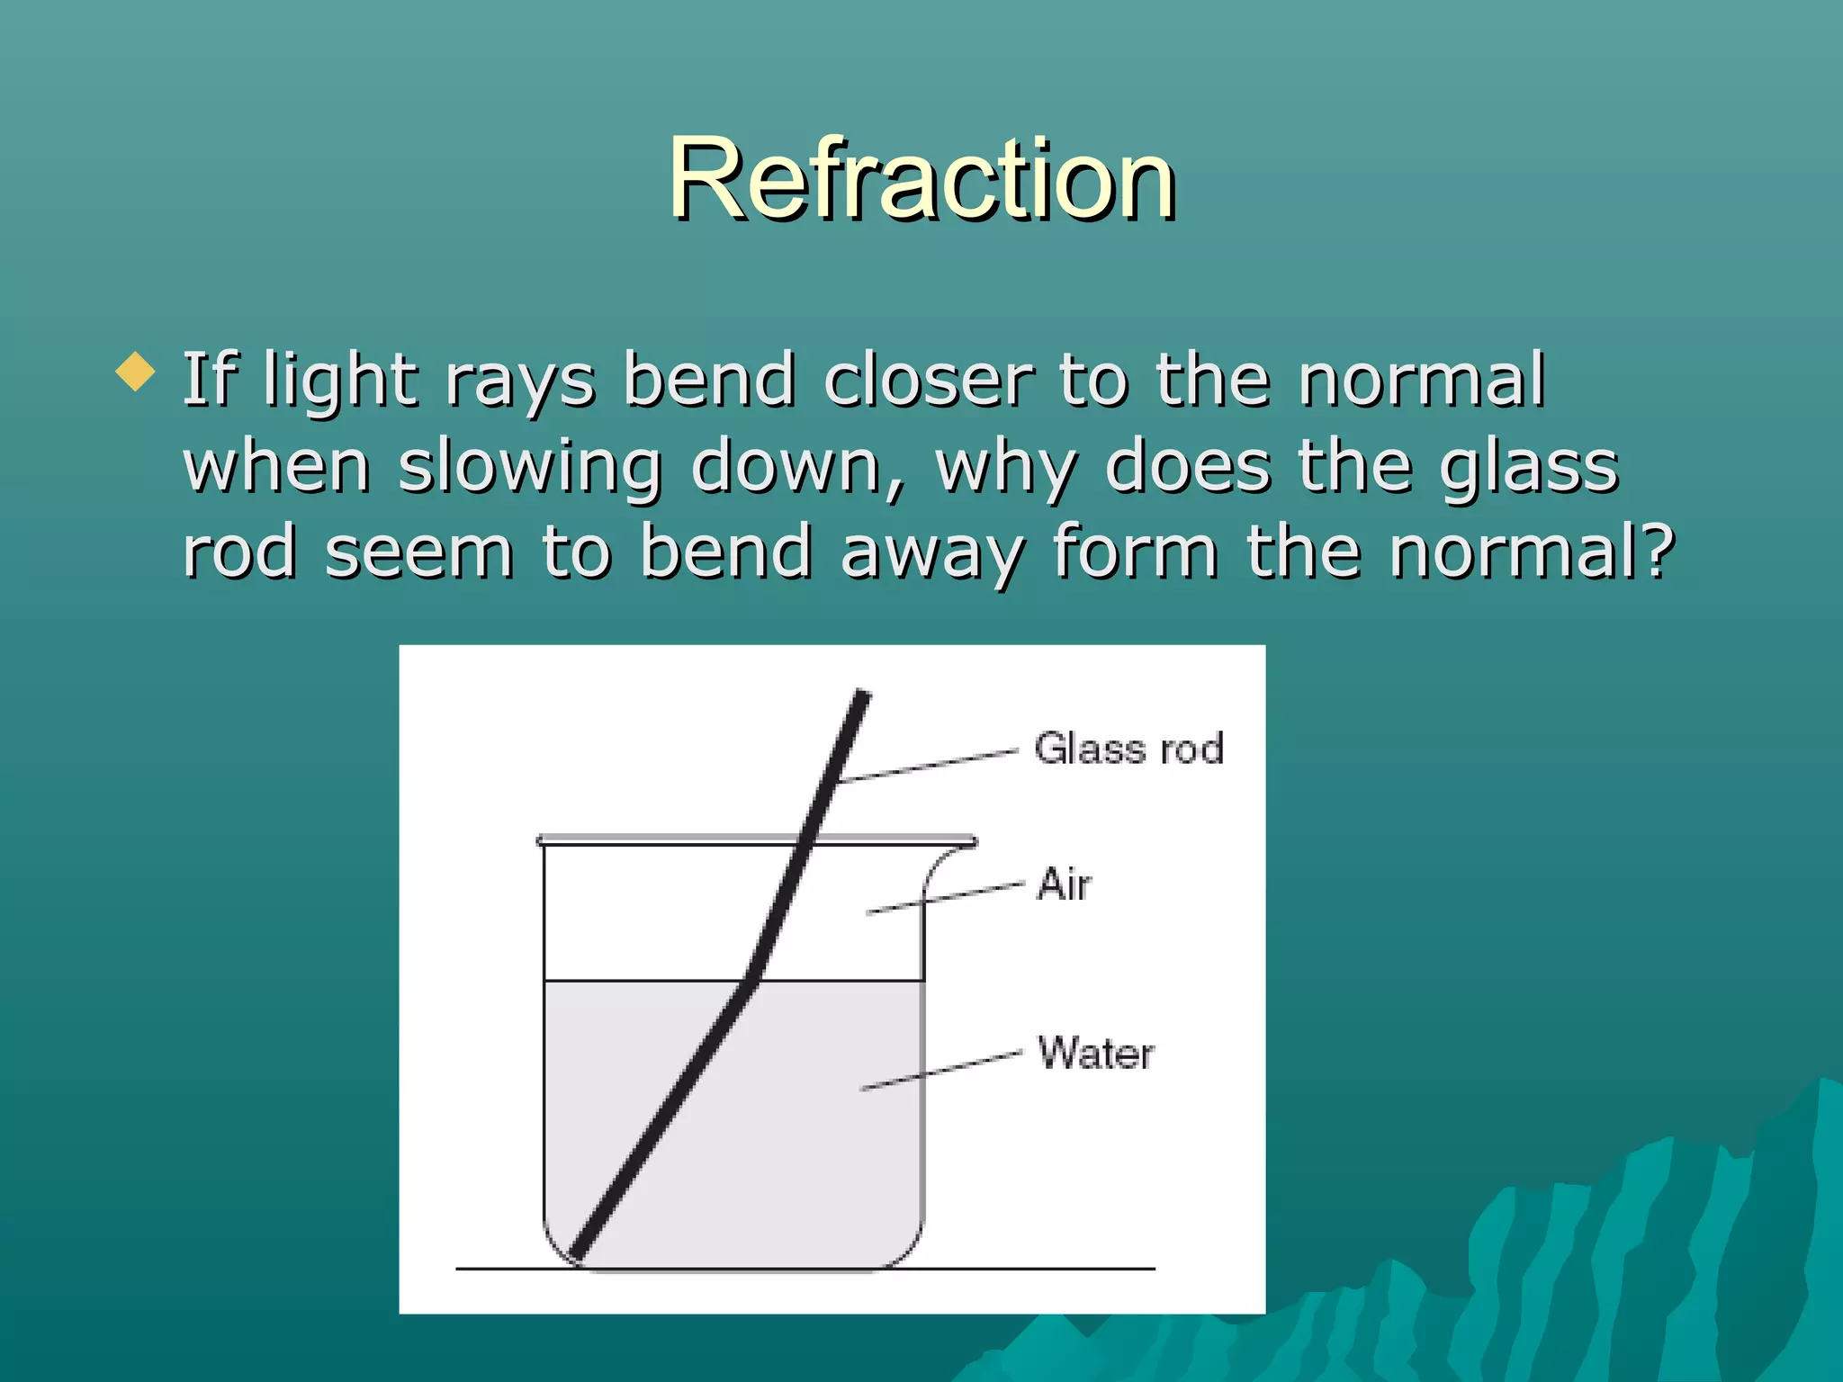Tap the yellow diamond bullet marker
(x=136, y=371)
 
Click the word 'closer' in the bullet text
(x=927, y=380)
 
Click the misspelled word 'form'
(x=1136, y=551)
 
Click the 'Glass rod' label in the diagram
(x=1128, y=749)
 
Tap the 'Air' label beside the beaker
(x=1064, y=884)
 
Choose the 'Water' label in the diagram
(x=1095, y=1053)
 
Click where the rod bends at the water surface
(x=751, y=981)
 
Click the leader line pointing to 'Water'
(x=940, y=1070)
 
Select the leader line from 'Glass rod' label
(x=927, y=766)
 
